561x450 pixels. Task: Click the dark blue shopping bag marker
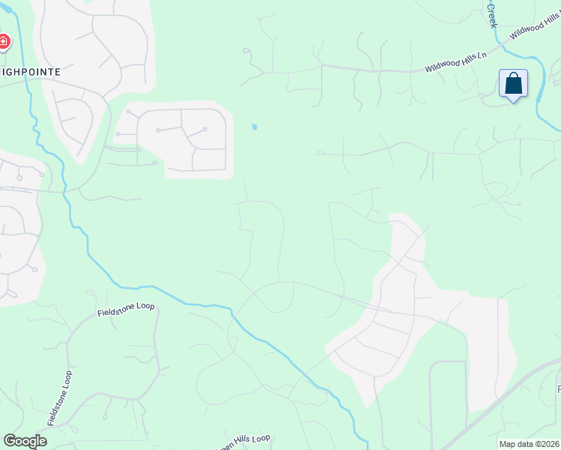click(x=514, y=83)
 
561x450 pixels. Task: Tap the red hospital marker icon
click(x=4, y=42)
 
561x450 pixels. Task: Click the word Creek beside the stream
click(x=493, y=15)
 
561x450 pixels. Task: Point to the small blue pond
click(x=255, y=127)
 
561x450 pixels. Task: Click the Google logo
click(x=25, y=441)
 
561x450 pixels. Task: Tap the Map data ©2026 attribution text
click(x=529, y=444)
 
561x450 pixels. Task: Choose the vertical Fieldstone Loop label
click(x=59, y=398)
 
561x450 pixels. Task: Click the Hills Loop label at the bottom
click(x=244, y=440)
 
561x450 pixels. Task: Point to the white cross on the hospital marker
click(x=3, y=41)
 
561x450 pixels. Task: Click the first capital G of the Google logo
click(x=10, y=441)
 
